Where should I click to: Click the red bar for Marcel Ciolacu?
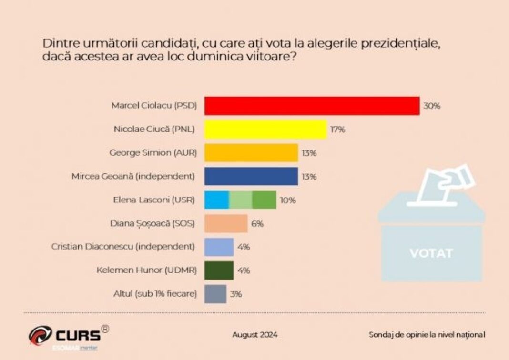[312, 106]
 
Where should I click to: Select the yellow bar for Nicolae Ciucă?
[265, 129]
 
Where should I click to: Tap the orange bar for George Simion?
[251, 153]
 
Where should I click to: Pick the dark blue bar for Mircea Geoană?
[251, 176]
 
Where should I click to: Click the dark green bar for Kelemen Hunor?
[219, 270]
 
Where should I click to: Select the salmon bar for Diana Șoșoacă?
[226, 223]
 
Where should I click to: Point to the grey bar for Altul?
[215, 294]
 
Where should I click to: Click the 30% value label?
[432, 106]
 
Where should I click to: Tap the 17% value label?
[337, 130]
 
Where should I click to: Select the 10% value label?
[287, 200]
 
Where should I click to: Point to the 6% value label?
[257, 223]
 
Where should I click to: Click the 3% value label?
[236, 294]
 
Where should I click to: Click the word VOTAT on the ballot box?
[431, 253]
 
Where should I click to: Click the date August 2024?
[254, 335]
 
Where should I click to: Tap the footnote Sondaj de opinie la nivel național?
[427, 335]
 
